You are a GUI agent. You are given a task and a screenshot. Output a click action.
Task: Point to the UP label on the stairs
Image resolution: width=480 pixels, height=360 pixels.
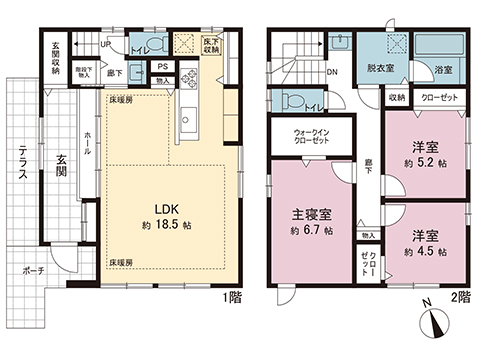tap(106, 45)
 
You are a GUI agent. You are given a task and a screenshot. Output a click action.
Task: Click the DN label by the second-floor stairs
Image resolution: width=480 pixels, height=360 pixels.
tap(333, 71)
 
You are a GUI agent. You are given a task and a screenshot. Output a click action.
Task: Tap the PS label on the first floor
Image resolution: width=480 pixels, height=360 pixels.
tap(162, 67)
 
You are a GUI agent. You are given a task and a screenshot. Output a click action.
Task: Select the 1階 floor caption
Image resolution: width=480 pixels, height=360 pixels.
tap(231, 297)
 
